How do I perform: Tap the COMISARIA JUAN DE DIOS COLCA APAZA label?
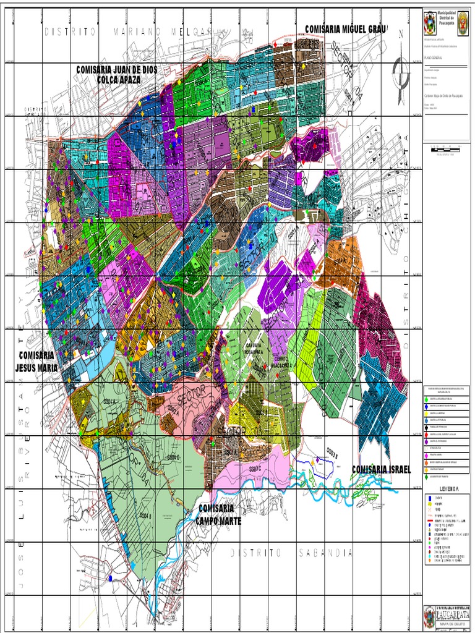tap(116, 74)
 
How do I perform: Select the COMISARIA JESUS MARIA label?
tap(36, 362)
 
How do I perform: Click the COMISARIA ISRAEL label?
tap(381, 470)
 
